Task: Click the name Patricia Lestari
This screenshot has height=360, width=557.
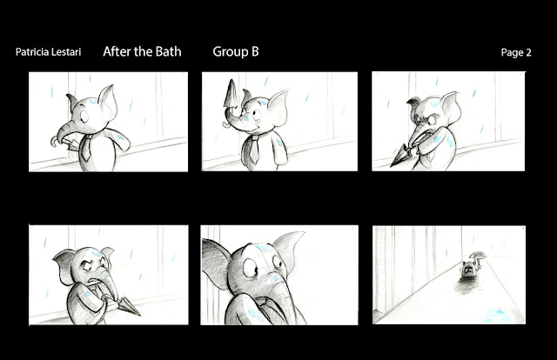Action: [x=49, y=52]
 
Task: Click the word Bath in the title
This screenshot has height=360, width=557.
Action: [x=169, y=52]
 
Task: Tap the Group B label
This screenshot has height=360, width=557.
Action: [x=236, y=52]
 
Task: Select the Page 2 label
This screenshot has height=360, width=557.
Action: [x=516, y=52]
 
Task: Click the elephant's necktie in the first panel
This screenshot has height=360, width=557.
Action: [x=85, y=149]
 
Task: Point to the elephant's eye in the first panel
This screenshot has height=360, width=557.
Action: [x=85, y=117]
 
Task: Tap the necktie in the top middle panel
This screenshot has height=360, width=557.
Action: [x=254, y=150]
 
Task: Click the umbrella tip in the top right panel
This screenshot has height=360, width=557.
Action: [x=394, y=163]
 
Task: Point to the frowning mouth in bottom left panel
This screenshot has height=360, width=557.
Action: [x=93, y=281]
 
